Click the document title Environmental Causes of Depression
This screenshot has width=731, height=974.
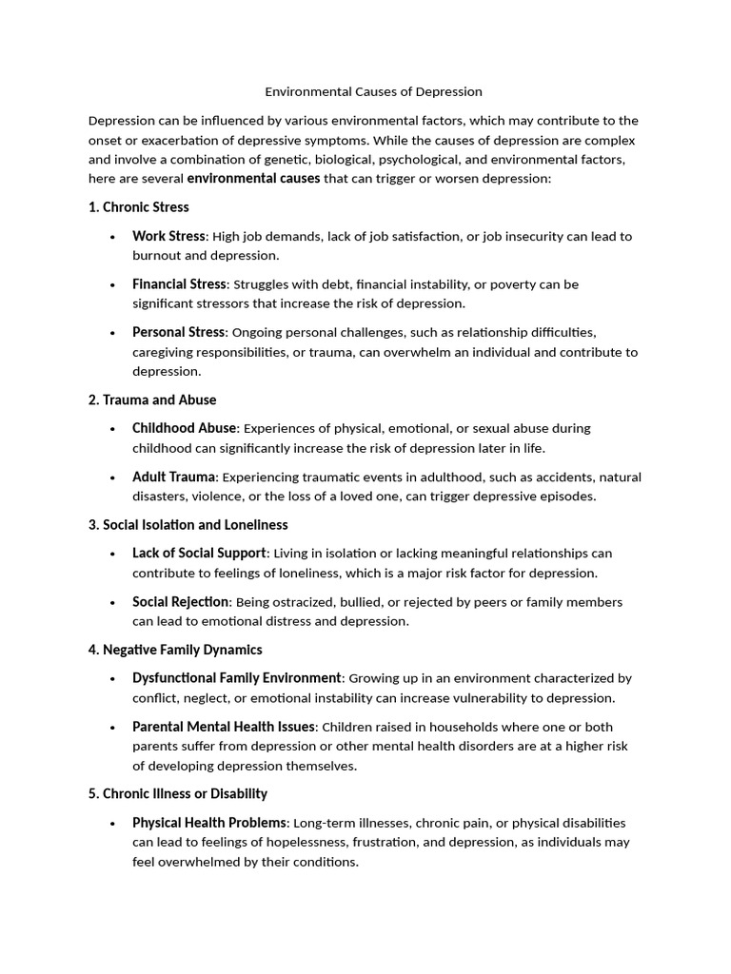[373, 92]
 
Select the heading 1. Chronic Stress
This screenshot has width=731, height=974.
[138, 207]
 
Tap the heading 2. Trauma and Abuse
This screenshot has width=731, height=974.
[152, 400]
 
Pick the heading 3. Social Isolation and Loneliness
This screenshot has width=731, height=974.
[188, 525]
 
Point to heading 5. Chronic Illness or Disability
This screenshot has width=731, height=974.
[177, 794]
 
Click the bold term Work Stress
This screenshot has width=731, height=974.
[168, 236]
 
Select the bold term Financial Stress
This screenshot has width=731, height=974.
[179, 284]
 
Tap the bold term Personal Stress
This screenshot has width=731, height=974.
[179, 332]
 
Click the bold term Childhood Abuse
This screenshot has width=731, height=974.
[184, 429]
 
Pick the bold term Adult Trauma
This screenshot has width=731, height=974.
[174, 477]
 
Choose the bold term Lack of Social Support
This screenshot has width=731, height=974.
[200, 554]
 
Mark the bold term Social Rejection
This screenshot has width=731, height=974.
[181, 602]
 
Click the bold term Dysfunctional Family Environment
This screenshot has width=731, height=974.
[236, 678]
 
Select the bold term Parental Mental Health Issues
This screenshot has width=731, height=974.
[224, 727]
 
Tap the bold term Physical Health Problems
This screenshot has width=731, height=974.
[209, 823]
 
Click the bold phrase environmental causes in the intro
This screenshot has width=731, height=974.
[253, 179]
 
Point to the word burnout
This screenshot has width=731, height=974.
[156, 256]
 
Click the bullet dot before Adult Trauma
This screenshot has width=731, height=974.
[112, 477]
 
